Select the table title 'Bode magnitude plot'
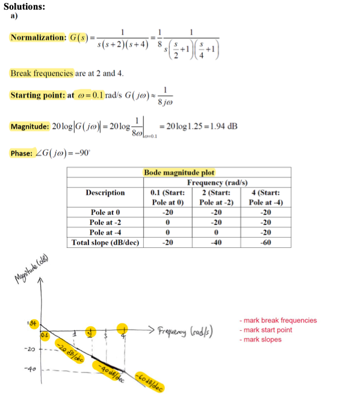click(179, 173)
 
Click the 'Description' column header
click(105, 192)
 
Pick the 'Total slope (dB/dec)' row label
click(105, 242)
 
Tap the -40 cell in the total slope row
click(213, 242)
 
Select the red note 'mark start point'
click(267, 330)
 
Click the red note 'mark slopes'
click(260, 340)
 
